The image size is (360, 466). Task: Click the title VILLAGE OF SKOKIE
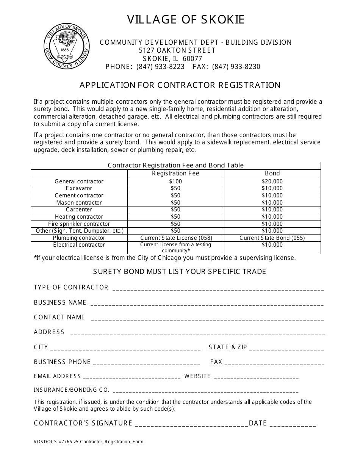pyautogui.click(x=186, y=20)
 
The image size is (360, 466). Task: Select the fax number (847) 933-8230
pyautogui.click(x=236, y=67)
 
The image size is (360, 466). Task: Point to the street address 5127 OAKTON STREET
pyautogui.click(x=177, y=50)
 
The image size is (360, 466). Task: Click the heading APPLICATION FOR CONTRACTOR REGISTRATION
pyautogui.click(x=180, y=85)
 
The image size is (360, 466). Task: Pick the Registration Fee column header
pyautogui.click(x=175, y=174)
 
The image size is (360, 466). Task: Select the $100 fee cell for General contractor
pyautogui.click(x=175, y=181)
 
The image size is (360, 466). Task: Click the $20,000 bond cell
pyautogui.click(x=272, y=181)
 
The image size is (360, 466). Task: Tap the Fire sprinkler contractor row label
pyautogui.click(x=79, y=224)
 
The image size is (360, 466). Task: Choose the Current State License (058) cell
pyautogui.click(x=176, y=238)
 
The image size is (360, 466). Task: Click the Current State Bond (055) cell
pyautogui.click(x=272, y=238)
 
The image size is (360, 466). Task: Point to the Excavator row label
pyautogui.click(x=79, y=188)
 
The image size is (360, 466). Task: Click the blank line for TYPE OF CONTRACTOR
pyautogui.click(x=218, y=289)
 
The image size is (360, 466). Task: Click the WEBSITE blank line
pyautogui.click(x=256, y=377)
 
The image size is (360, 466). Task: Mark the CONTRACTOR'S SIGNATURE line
pyautogui.click(x=191, y=425)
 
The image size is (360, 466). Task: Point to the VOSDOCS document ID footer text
pyautogui.click(x=89, y=442)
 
